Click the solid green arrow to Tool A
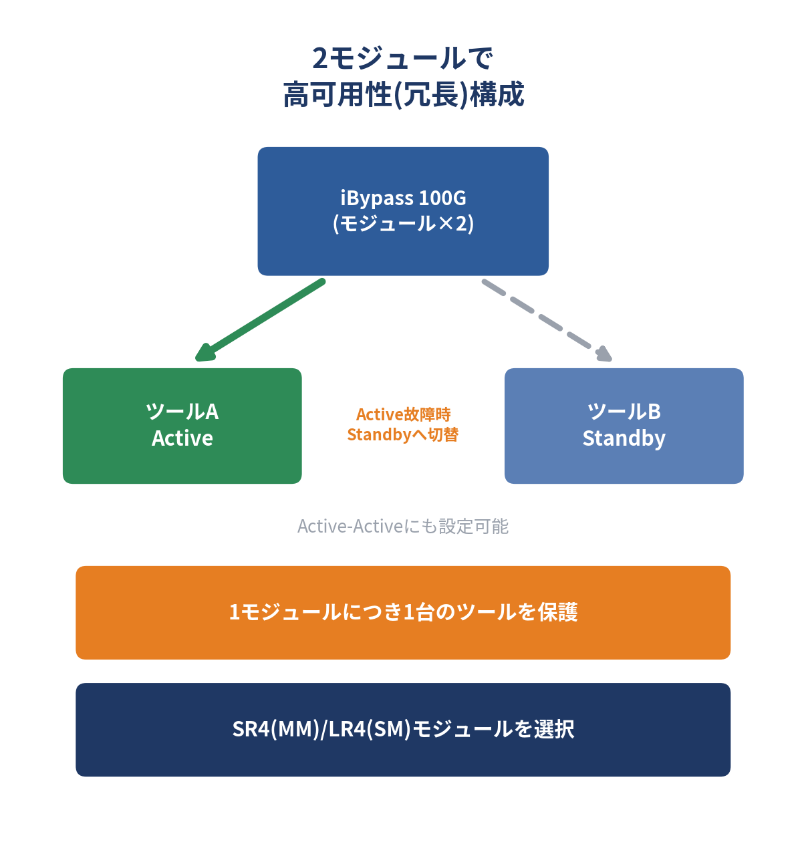(260, 319)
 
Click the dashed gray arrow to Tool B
(547, 320)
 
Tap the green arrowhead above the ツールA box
(205, 353)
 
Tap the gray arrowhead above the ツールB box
(603, 354)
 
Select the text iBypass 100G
(403, 198)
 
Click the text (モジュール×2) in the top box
(403, 224)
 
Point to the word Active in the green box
(182, 438)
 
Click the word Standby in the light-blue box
(624, 439)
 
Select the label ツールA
(182, 412)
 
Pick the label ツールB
(624, 412)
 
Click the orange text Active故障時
(404, 414)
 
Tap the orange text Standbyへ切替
(403, 434)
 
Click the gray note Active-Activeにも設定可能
(403, 527)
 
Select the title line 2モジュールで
(403, 58)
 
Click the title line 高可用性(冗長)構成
(404, 94)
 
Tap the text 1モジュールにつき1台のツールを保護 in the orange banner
(403, 612)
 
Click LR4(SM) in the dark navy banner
(370, 729)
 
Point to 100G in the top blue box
(442, 198)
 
